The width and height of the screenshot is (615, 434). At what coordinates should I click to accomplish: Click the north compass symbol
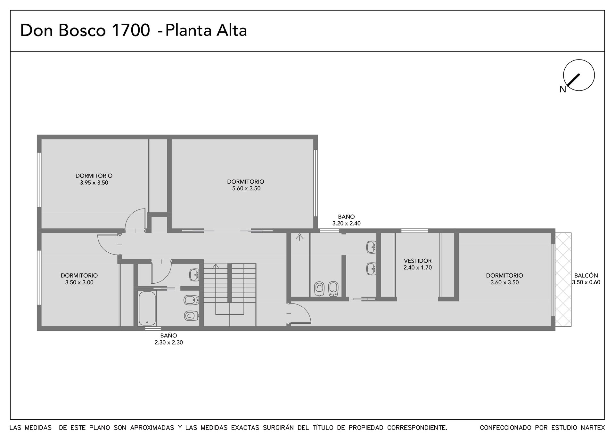579,75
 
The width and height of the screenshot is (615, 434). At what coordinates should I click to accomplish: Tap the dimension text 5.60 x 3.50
246,189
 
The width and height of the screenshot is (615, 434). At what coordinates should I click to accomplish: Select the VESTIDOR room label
418,261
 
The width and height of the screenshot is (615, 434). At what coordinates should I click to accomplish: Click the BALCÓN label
586,275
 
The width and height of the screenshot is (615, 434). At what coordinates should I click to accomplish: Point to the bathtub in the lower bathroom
147,308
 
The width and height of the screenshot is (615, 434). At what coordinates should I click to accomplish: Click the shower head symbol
299,237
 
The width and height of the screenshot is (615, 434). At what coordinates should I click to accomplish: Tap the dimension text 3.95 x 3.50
94,183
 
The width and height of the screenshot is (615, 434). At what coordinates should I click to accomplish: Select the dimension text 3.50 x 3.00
79,282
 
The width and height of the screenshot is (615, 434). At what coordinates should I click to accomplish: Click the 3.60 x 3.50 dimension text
504,282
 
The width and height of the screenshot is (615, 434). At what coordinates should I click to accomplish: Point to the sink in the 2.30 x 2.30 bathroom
194,275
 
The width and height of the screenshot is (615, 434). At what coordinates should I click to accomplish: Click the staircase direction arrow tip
216,264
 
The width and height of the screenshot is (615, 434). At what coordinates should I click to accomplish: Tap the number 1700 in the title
130,31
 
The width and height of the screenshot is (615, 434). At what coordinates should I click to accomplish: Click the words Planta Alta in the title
206,31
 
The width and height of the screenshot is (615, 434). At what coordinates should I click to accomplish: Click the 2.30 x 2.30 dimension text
168,343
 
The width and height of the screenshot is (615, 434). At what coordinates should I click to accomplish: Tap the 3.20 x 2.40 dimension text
346,224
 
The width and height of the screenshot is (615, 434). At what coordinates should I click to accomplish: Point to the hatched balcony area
563,280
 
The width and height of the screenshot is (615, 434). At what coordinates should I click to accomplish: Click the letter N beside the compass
563,90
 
